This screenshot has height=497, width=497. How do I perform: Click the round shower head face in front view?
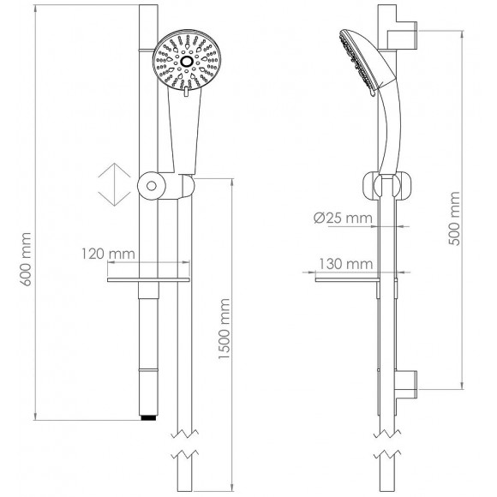point(186,63)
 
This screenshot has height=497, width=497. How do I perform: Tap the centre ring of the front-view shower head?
point(186,63)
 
